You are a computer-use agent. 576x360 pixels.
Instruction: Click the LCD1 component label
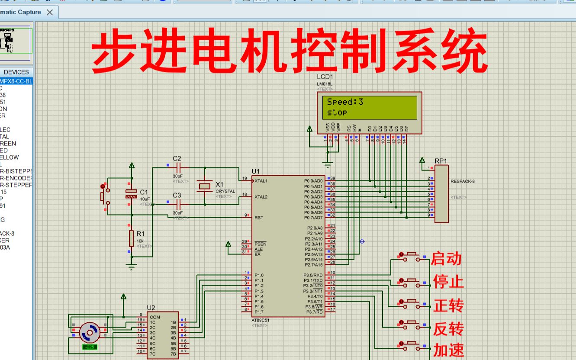[x=325, y=77]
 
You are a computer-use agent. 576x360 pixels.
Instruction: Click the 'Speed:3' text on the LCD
[x=345, y=102]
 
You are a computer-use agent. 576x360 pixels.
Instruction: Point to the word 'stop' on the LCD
[x=337, y=112]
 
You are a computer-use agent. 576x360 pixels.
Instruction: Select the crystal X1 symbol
[x=204, y=186]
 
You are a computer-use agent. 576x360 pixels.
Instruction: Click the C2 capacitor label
[x=177, y=158]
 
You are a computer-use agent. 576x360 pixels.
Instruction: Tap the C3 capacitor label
[x=177, y=195]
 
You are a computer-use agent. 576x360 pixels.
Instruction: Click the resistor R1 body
[x=131, y=238]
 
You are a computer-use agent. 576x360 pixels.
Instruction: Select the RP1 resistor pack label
[x=441, y=161]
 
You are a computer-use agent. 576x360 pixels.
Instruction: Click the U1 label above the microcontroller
[x=256, y=171]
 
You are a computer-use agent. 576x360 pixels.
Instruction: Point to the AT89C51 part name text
[x=260, y=321]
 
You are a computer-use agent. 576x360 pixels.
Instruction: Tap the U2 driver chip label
[x=151, y=308]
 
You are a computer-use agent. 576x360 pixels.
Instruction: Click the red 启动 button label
[x=446, y=259]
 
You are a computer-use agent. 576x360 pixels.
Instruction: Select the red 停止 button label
[x=448, y=282]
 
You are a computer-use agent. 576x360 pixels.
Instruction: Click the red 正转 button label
[x=448, y=305]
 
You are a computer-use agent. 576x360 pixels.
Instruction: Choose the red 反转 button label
[x=448, y=329]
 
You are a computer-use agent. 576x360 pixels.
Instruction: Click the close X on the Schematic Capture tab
[x=50, y=12]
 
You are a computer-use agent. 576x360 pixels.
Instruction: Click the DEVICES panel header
[x=16, y=72]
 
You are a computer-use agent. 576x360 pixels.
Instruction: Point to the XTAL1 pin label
[x=261, y=181]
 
